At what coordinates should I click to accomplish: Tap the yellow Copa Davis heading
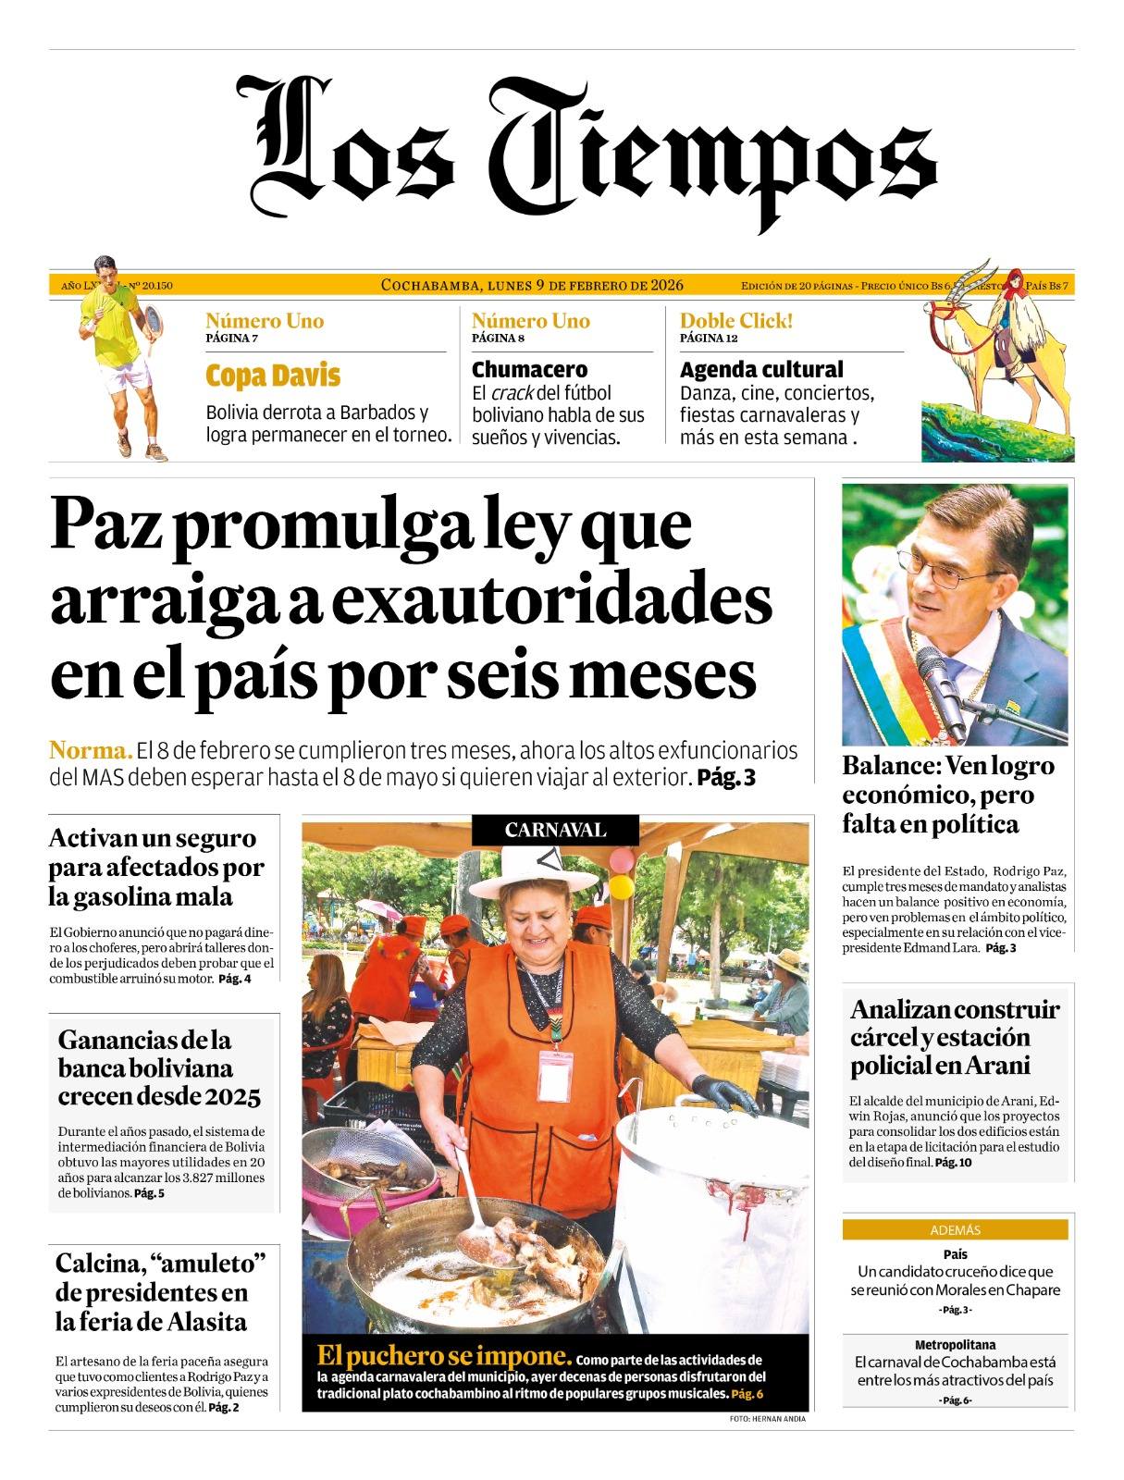(x=273, y=376)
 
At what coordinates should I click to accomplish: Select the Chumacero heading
(x=529, y=370)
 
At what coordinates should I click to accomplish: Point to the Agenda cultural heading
(x=761, y=370)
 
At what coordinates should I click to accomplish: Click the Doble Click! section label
(x=736, y=321)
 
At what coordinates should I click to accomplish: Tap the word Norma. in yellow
(x=91, y=749)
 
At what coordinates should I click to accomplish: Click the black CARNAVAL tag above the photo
(x=555, y=830)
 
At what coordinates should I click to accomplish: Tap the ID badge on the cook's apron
(x=555, y=1073)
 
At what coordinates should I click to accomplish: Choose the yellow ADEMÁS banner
(x=955, y=1230)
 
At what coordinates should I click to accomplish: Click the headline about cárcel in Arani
(x=955, y=1037)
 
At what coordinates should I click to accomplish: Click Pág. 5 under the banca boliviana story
(x=149, y=1193)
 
